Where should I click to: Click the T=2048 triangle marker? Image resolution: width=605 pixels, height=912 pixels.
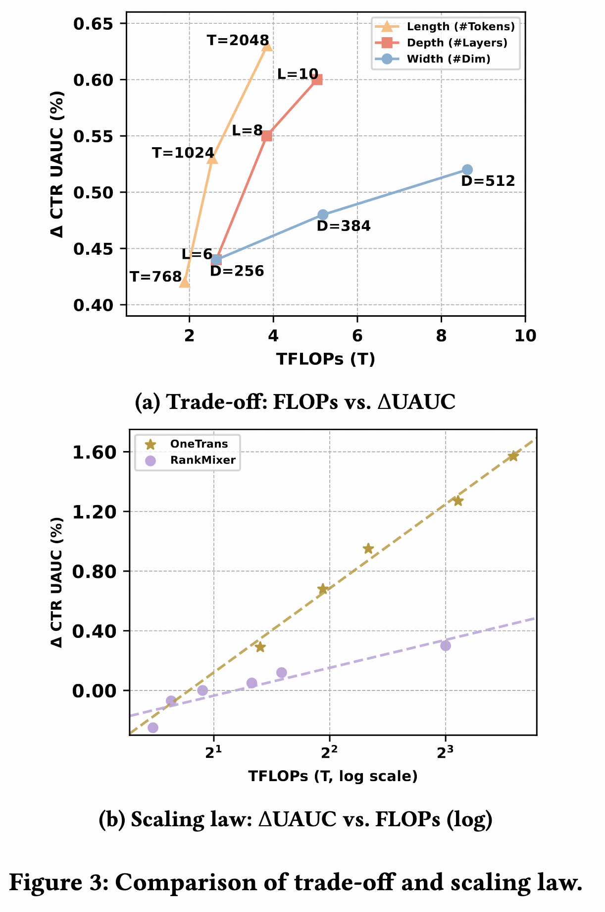point(267,46)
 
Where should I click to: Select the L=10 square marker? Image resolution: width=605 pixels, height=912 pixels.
point(317,80)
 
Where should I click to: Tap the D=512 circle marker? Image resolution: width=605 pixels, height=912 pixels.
point(467,170)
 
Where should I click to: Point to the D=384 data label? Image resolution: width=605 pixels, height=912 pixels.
point(344,227)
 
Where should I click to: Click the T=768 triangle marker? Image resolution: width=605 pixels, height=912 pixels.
point(184,282)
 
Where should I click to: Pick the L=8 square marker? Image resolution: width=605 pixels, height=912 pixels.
point(267,136)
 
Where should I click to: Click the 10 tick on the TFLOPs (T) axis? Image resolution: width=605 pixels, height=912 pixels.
point(525,336)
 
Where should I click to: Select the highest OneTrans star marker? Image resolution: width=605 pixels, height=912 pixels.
point(513,456)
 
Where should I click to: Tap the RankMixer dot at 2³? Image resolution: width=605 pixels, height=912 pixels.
point(446,645)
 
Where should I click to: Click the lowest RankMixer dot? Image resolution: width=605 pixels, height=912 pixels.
point(153,728)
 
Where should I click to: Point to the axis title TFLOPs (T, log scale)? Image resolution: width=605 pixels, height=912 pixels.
point(333,776)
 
